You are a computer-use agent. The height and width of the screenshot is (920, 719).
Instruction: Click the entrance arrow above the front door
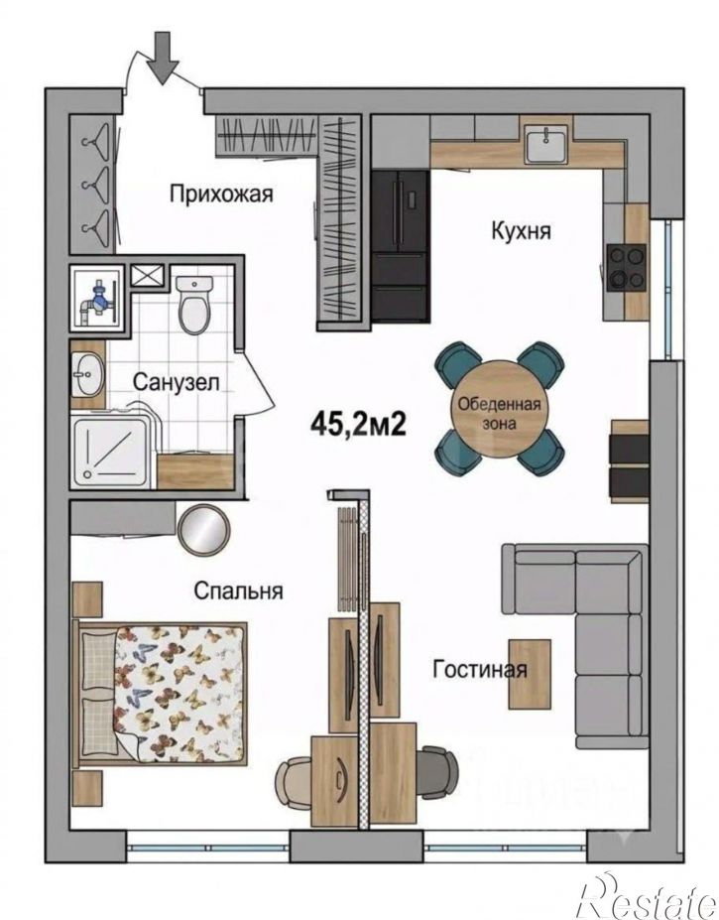point(163,59)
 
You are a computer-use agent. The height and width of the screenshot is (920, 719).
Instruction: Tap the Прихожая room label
point(221,194)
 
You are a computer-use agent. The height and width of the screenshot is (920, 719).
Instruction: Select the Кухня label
point(521,230)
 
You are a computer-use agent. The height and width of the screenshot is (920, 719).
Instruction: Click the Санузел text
point(176,382)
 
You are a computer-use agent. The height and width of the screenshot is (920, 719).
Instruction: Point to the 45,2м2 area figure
point(358,424)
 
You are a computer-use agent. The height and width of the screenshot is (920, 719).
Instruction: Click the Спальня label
point(238,591)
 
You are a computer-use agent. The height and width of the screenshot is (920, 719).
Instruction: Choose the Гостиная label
point(480,669)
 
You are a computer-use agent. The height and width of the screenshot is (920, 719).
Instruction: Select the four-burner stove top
point(627,268)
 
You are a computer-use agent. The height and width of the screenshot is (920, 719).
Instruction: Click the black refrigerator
point(401,245)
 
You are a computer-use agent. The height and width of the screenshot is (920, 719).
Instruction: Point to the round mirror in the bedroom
point(203,530)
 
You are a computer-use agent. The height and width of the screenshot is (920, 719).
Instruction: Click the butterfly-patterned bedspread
point(180,693)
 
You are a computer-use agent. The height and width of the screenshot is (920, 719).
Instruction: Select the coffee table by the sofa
point(530,674)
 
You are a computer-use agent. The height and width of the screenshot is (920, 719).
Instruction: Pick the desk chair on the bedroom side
point(294,782)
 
